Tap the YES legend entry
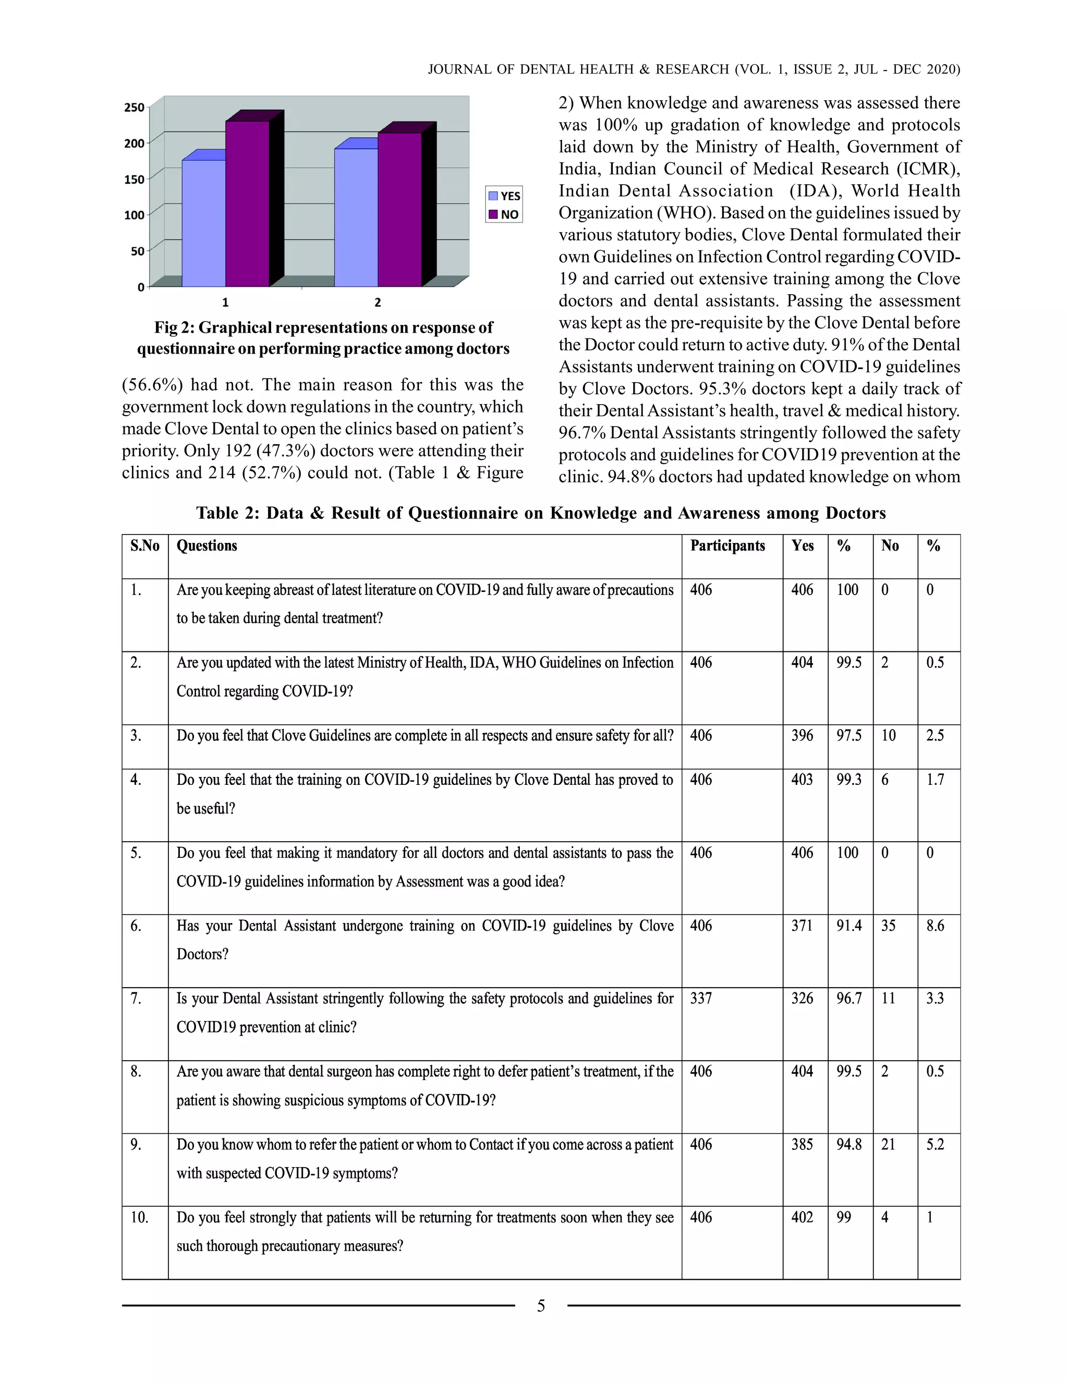(x=504, y=196)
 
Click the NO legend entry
(x=504, y=214)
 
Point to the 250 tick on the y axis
(x=134, y=107)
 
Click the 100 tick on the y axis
(x=134, y=215)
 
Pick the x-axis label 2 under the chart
(x=378, y=302)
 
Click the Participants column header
(x=727, y=545)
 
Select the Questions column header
(x=207, y=545)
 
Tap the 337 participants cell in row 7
(x=700, y=999)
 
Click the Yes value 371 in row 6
(x=802, y=926)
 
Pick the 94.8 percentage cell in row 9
(x=848, y=1144)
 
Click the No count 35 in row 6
(x=888, y=926)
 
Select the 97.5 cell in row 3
(x=848, y=735)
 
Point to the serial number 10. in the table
(x=139, y=1218)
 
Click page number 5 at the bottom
(x=540, y=1306)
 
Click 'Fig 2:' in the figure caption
(x=175, y=328)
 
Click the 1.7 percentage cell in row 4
(x=934, y=780)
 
